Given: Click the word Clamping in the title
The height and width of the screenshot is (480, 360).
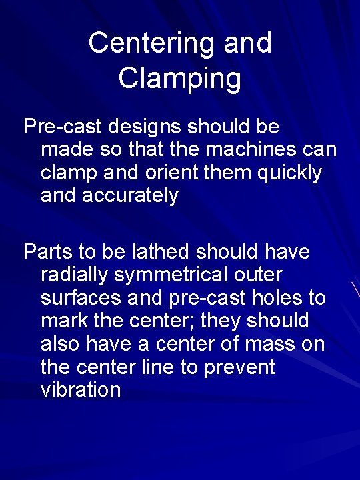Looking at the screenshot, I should pyautogui.click(x=180, y=78).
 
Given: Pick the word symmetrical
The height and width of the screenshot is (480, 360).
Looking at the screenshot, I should pyautogui.click(x=173, y=275).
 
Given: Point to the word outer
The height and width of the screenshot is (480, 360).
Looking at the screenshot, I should pyautogui.click(x=259, y=275).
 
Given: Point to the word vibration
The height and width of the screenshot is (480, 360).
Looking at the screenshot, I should pyautogui.click(x=81, y=390).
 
